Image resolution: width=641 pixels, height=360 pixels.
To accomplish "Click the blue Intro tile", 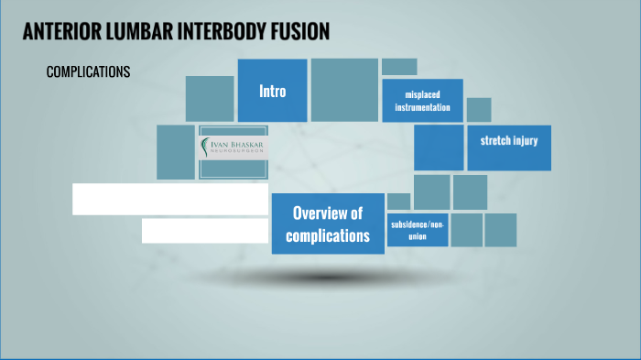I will click(x=272, y=91).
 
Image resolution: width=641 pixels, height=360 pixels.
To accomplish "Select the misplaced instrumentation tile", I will click(x=422, y=101).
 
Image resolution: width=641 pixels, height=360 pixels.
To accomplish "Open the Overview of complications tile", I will click(x=328, y=224).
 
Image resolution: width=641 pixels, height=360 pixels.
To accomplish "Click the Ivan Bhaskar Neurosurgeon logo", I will click(x=234, y=149).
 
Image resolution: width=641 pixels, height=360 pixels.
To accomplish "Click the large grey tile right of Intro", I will click(x=344, y=90).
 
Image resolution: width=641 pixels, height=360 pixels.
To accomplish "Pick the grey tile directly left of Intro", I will click(x=210, y=99).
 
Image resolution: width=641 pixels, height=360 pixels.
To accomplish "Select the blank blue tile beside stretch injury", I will click(x=439, y=147).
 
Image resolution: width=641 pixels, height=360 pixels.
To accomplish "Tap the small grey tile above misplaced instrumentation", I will click(x=399, y=67).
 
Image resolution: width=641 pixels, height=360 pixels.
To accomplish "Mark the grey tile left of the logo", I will click(x=176, y=152).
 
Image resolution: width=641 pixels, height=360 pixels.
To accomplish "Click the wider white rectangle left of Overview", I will click(x=170, y=199).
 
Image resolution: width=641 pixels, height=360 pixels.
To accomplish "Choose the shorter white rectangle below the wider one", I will click(x=205, y=230).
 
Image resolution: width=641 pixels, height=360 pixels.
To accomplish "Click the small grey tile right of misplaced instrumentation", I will click(x=479, y=110).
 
